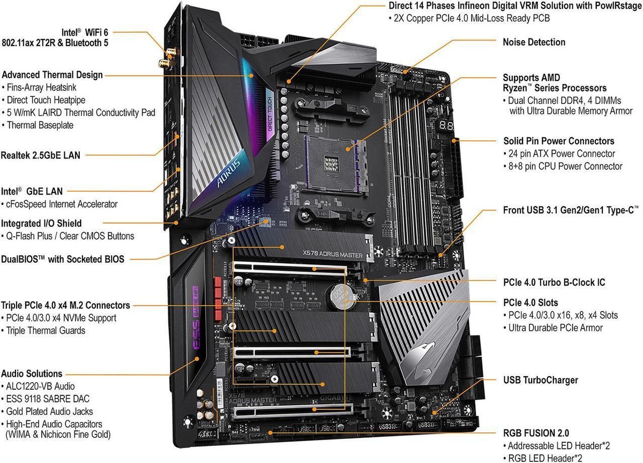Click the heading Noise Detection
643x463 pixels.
[534, 42]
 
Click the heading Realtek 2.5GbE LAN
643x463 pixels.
[41, 155]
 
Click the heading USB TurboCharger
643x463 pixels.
[541, 380]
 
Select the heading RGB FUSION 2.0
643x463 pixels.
[536, 433]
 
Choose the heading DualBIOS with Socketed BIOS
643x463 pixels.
[62, 260]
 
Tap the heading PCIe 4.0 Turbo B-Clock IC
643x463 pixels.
[554, 282]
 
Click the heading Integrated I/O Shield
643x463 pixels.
[41, 223]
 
